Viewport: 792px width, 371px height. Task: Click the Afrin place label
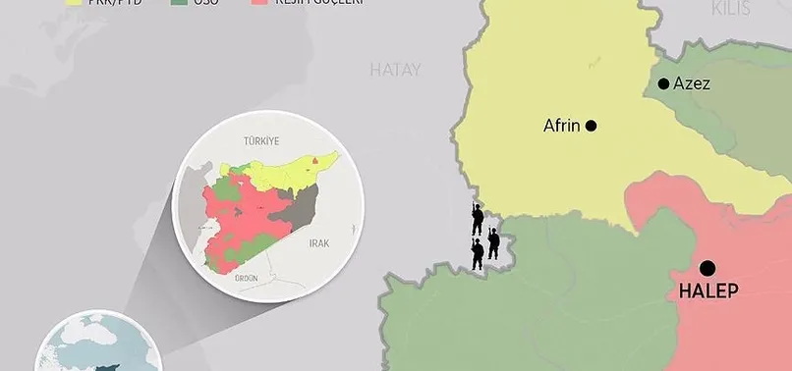[561, 126]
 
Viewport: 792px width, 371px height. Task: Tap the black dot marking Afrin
[592, 126]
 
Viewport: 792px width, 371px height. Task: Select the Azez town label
[692, 84]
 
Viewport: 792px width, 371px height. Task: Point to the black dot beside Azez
[664, 84]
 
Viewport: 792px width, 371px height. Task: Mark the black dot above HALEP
[707, 267]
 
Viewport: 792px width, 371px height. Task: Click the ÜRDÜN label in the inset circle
[247, 279]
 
